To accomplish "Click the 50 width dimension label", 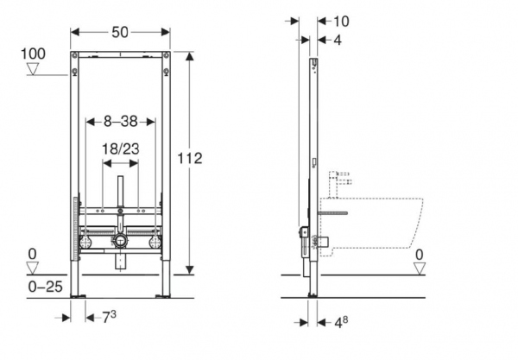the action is pyautogui.click(x=120, y=32).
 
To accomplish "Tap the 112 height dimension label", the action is pyautogui.click(x=190, y=159).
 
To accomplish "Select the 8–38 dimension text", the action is pyautogui.click(x=121, y=122).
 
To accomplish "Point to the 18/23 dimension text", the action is pyautogui.click(x=120, y=149).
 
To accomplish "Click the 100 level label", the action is pyautogui.click(x=33, y=54).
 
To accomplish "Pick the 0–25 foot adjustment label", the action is pyautogui.click(x=45, y=287).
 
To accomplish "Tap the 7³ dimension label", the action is pyautogui.click(x=109, y=317).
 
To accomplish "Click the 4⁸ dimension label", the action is pyautogui.click(x=341, y=322).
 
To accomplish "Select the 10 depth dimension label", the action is pyautogui.click(x=341, y=22).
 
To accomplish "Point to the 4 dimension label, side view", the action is pyautogui.click(x=338, y=40).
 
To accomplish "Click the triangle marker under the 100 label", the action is pyautogui.click(x=33, y=69).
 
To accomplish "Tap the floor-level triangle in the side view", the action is pyautogui.click(x=420, y=268).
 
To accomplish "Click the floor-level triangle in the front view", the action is pyautogui.click(x=33, y=268).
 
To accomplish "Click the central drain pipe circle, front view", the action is pyautogui.click(x=120, y=241).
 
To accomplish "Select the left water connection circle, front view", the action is pyautogui.click(x=85, y=242).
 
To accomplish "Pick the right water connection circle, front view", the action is pyautogui.click(x=155, y=242).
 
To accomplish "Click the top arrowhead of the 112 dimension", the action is pyautogui.click(x=189, y=56).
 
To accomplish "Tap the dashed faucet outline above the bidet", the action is pyautogui.click(x=339, y=184).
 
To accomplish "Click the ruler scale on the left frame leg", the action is pyautogui.click(x=76, y=228).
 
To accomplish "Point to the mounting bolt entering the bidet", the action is pyautogui.click(x=332, y=213).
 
